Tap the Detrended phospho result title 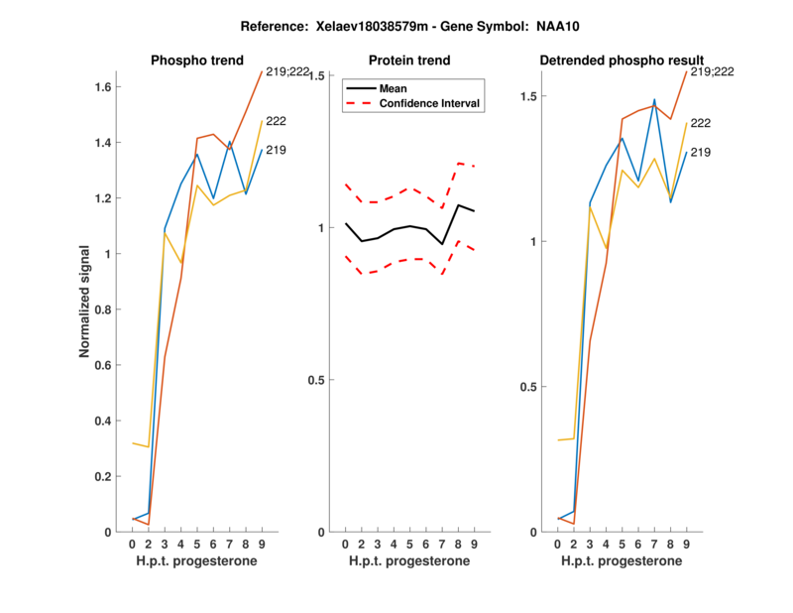[x=622, y=61]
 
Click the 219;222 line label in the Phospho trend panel [x=288, y=71]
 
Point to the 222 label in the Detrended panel [x=701, y=123]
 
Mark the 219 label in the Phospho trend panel [x=277, y=150]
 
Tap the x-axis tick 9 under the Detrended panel [x=686, y=546]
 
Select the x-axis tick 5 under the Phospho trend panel [x=196, y=546]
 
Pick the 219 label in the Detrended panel [x=701, y=152]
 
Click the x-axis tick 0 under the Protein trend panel [x=346, y=546]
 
